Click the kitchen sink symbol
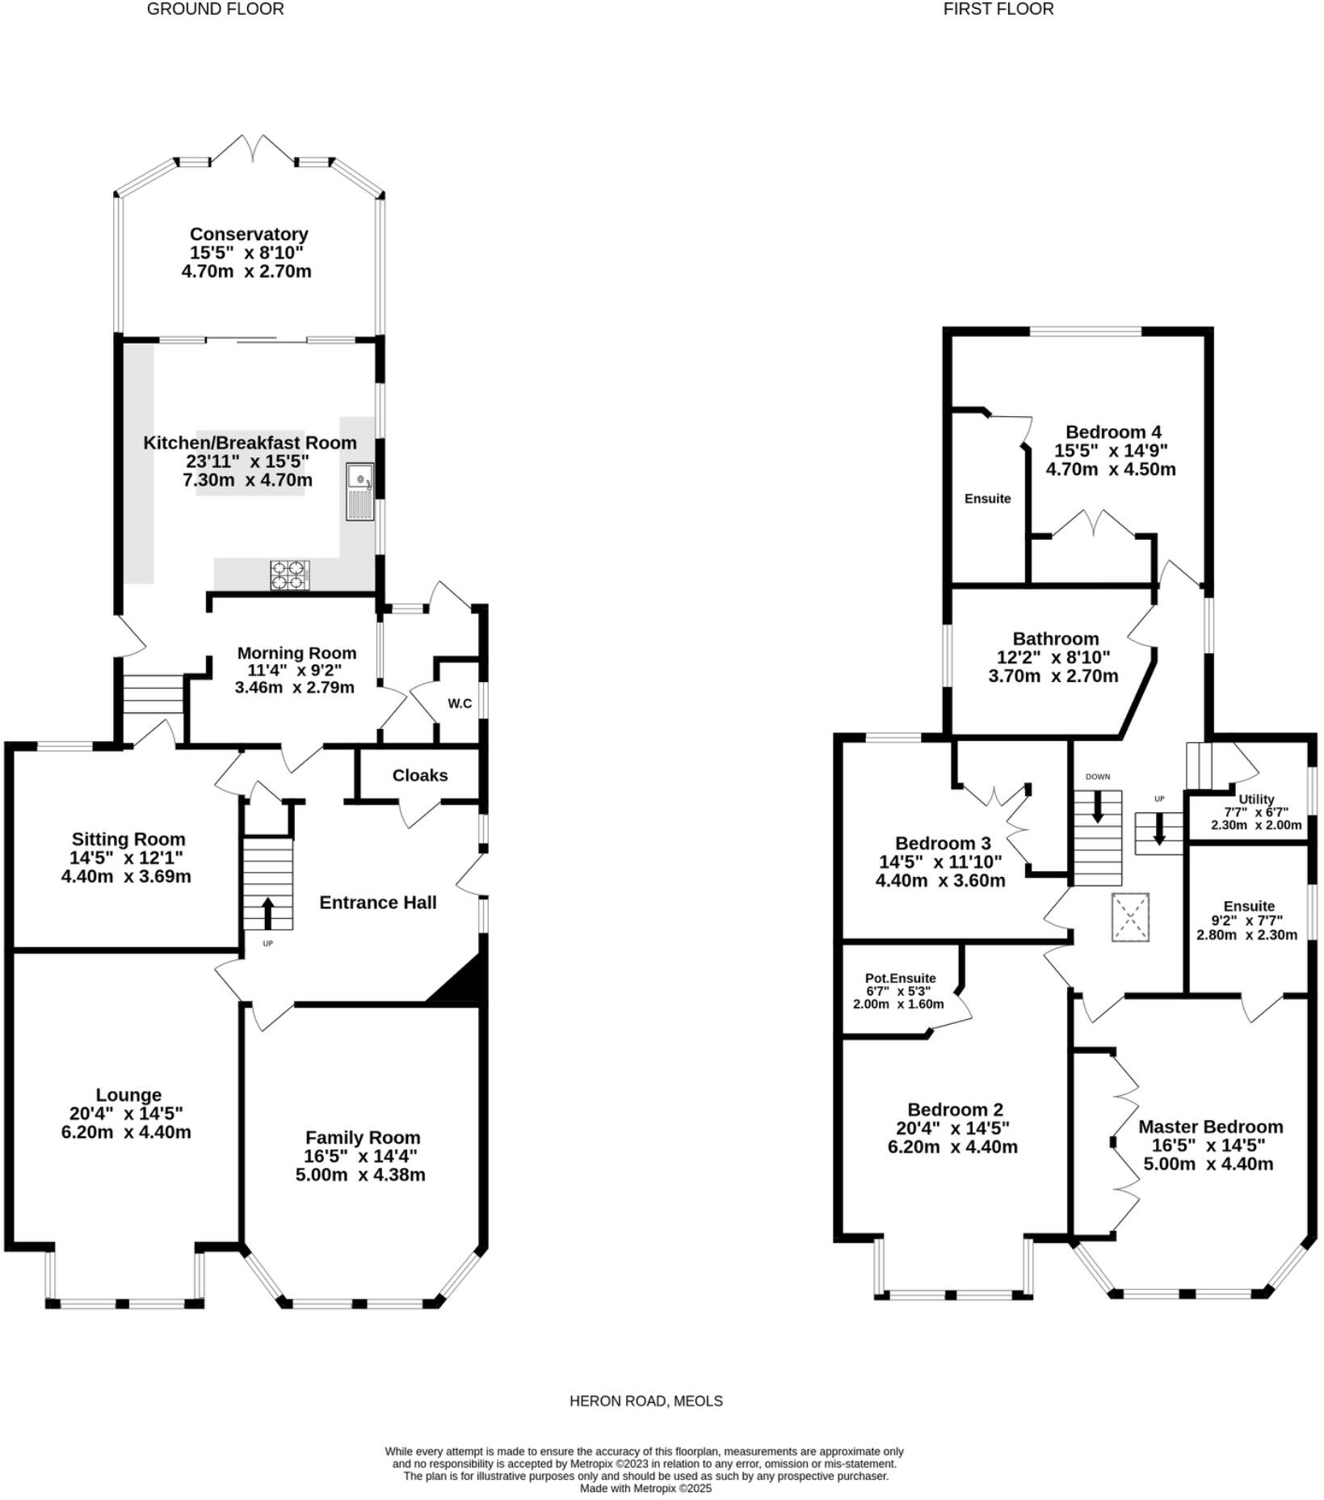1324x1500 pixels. (360, 491)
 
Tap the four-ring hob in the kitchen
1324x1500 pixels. (289, 575)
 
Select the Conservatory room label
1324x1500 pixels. (249, 234)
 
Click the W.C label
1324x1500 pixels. (460, 703)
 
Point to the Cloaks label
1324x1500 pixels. (419, 775)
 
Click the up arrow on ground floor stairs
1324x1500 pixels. (267, 913)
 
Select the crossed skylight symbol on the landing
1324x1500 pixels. (1130, 916)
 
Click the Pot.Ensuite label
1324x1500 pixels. (900, 978)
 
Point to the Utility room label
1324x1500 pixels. (1255, 799)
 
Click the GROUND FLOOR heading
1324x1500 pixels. (215, 10)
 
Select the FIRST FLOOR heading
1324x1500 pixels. (998, 10)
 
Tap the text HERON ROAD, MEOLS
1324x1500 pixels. (645, 1401)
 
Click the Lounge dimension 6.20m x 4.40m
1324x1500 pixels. (126, 1132)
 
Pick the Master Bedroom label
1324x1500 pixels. (1210, 1127)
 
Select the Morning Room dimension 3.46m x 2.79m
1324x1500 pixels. (294, 688)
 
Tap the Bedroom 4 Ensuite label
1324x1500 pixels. (987, 499)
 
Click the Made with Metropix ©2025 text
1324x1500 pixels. (645, 1488)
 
